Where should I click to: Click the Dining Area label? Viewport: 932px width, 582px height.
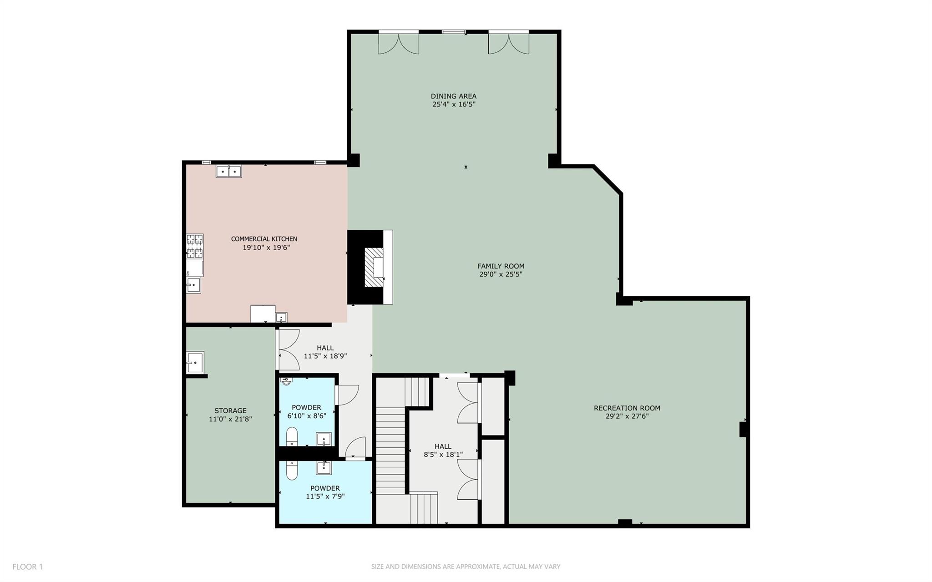(453, 96)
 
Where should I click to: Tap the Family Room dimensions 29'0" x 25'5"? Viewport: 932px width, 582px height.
(501, 274)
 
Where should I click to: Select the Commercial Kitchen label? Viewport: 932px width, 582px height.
(264, 239)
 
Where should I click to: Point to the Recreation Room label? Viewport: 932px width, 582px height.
(627, 408)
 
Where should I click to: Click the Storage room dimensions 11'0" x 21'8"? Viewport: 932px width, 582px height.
(230, 419)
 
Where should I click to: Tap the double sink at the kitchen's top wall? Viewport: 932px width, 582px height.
(228, 172)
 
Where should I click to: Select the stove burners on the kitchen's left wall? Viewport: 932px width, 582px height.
(195, 246)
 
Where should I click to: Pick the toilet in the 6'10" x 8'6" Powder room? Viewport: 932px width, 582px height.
(292, 437)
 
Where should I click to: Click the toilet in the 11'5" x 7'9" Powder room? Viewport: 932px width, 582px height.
(291, 471)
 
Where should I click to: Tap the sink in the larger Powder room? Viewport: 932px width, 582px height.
(324, 467)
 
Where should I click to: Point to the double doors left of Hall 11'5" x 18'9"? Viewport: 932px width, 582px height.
(288, 349)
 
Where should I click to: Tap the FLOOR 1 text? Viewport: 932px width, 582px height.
(27, 567)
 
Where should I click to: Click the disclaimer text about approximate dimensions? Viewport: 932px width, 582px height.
(466, 567)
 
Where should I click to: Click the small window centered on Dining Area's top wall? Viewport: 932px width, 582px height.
(454, 32)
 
